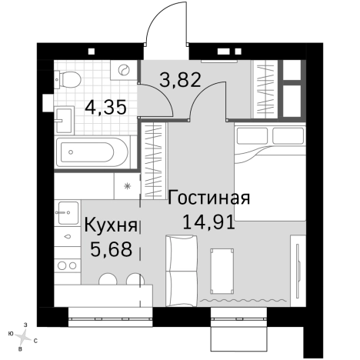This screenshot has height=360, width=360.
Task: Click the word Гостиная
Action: [x=208, y=198]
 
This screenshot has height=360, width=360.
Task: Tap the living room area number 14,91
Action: [x=208, y=222]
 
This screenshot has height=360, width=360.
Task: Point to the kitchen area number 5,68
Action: [x=111, y=249]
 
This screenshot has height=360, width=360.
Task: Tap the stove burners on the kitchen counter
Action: [x=66, y=265]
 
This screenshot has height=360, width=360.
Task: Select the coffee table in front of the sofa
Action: [x=223, y=268]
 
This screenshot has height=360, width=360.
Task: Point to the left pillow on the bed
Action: [x=249, y=137]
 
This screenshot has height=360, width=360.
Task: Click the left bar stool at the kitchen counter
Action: [x=112, y=282]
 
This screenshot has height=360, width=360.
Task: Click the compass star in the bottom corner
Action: [x=25, y=335]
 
